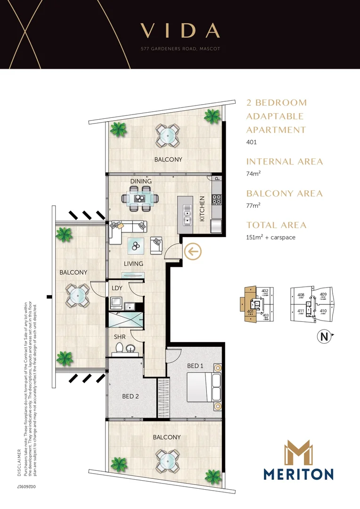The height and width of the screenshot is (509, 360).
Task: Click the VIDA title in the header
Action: pos(180,31)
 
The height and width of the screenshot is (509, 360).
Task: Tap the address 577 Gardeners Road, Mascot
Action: pos(180,49)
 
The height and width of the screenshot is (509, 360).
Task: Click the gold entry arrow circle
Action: pos(193,252)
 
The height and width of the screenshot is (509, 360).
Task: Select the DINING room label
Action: pos(141,181)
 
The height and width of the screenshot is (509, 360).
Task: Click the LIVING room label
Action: pos(133,263)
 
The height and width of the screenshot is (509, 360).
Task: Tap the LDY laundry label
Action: pos(117,287)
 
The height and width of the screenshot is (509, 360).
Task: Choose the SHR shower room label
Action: pos(119,337)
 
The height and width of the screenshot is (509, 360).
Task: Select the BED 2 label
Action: pos(131,396)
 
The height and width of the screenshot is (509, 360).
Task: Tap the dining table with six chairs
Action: pos(140,198)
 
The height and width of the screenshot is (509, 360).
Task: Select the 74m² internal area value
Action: pos(253,173)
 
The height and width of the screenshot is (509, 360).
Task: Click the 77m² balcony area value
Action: pos(253,205)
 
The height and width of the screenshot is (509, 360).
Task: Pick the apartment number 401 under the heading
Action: pos(252,142)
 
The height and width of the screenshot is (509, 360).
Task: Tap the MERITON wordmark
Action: pos(299,474)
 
